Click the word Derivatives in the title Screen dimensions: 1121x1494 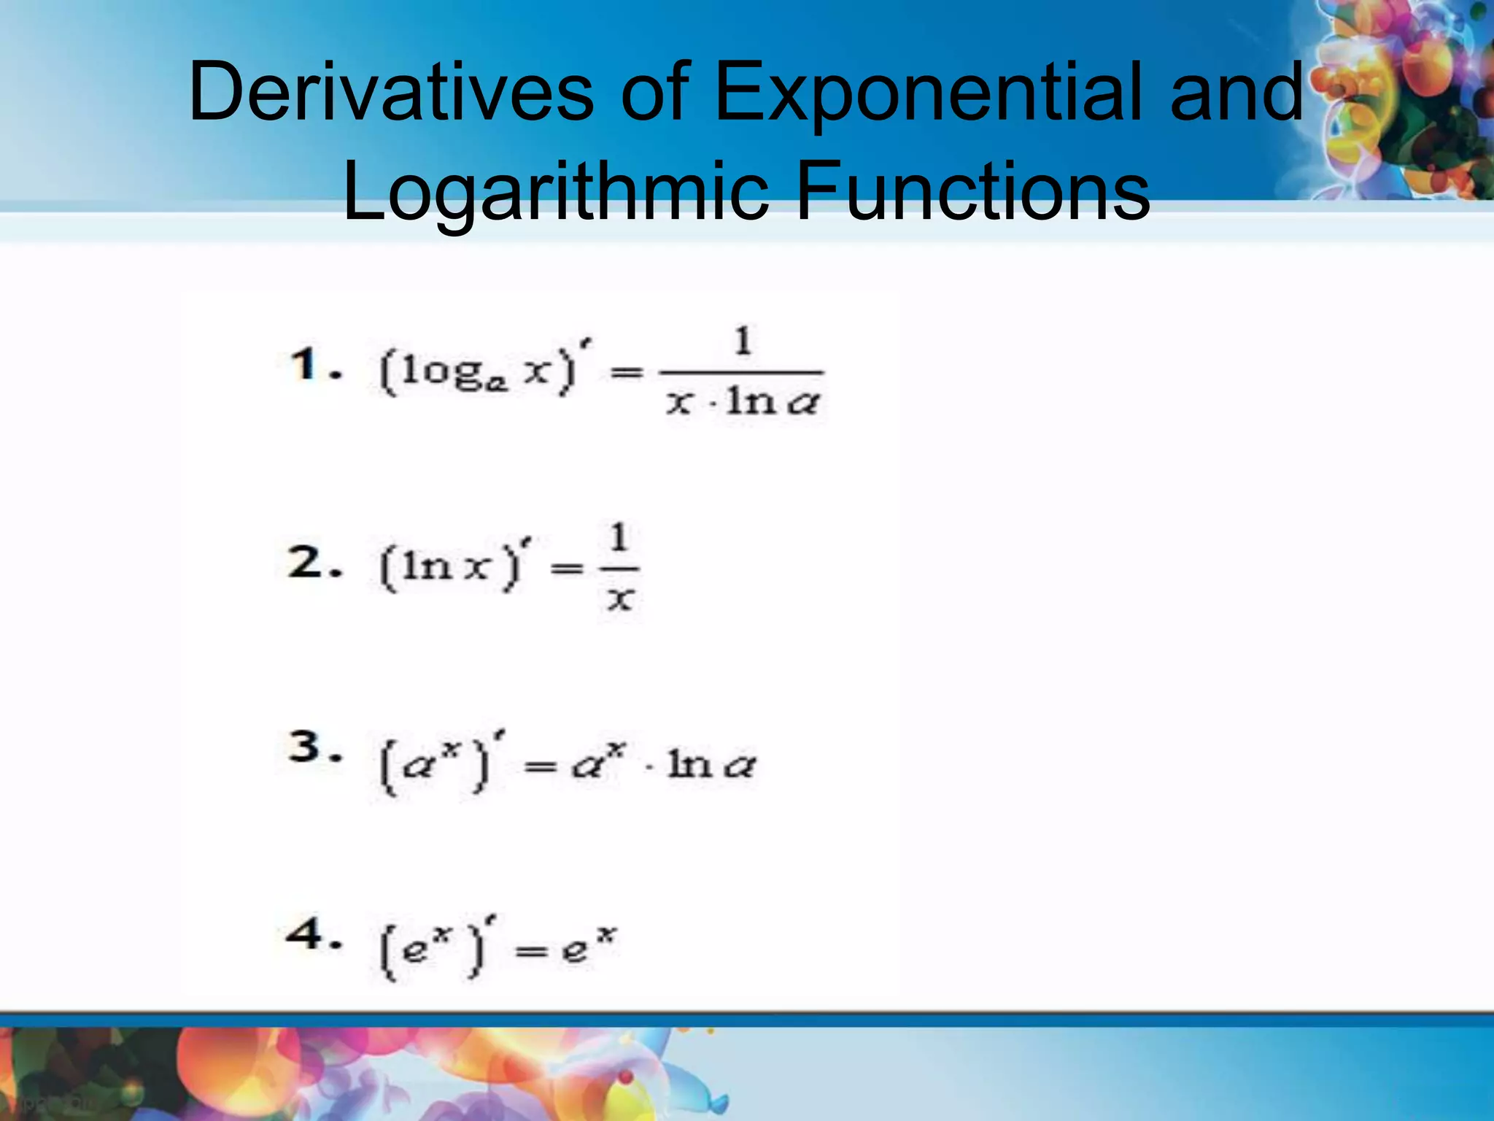[391, 93]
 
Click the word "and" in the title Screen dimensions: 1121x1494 [1237, 93]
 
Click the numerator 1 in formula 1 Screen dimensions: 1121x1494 [743, 341]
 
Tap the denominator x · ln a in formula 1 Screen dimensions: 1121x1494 [743, 401]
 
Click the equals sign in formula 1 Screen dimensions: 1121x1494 [627, 373]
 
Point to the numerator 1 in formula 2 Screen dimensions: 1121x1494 [619, 539]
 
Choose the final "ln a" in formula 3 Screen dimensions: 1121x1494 [711, 764]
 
